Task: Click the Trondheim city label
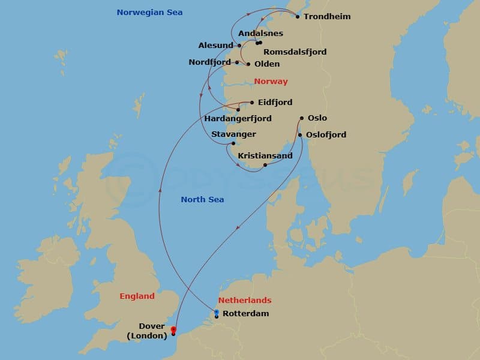click(x=327, y=16)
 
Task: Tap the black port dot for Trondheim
click(x=298, y=16)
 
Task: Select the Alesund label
click(x=216, y=45)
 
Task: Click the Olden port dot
click(x=248, y=64)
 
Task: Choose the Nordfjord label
click(x=211, y=62)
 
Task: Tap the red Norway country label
click(x=271, y=81)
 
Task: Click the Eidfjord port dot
click(x=252, y=102)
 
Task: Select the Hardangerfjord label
click(x=238, y=119)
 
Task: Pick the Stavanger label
click(x=233, y=134)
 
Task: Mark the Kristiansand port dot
click(x=265, y=164)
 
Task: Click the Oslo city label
click(x=317, y=118)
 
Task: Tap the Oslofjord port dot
click(x=300, y=135)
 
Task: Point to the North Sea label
click(x=202, y=199)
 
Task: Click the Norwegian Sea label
click(x=149, y=12)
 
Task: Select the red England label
click(x=137, y=296)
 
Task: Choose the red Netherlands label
click(x=244, y=300)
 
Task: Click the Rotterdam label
click(x=245, y=313)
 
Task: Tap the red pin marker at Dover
click(x=173, y=329)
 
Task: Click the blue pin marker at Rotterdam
click(x=217, y=313)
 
